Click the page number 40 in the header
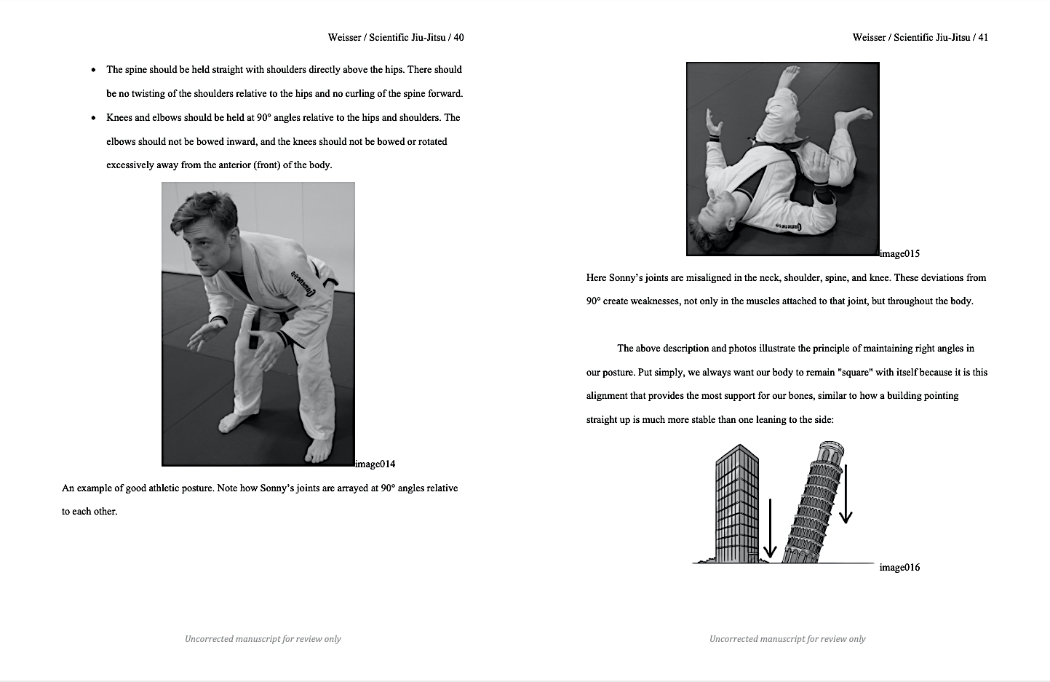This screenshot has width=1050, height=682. pyautogui.click(x=458, y=37)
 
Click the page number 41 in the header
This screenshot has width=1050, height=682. pyautogui.click(x=982, y=37)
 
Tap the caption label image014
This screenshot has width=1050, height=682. pyautogui.click(x=375, y=464)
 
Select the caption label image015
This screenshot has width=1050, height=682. pyautogui.click(x=900, y=253)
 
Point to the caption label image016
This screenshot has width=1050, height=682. pyautogui.click(x=899, y=567)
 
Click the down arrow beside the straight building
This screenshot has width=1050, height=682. pyautogui.click(x=770, y=528)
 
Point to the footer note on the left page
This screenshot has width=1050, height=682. pyautogui.click(x=263, y=638)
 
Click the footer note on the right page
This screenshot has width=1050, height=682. pyautogui.click(x=787, y=638)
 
